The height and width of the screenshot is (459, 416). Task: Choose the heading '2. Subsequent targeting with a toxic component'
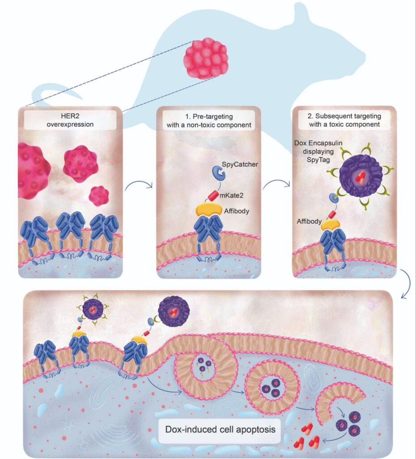click(344, 120)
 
